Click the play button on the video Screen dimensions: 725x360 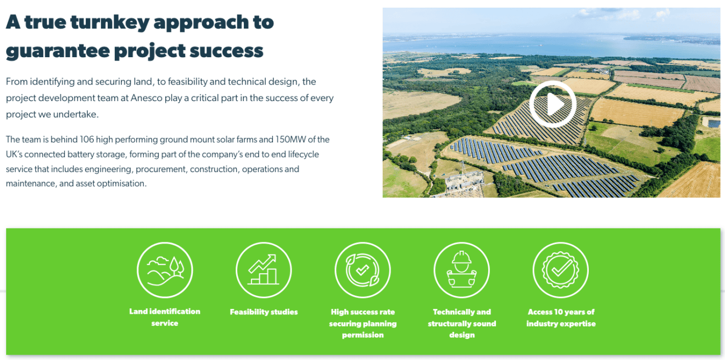tap(553, 104)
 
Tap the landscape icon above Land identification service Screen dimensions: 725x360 tap(165, 270)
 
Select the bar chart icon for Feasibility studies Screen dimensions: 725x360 tap(264, 270)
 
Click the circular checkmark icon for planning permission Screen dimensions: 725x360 tap(363, 270)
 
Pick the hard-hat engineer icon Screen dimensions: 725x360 tap(462, 270)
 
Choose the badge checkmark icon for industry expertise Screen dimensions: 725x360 tap(561, 270)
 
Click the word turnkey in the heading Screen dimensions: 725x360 tap(110, 23)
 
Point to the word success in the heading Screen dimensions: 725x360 tap(226, 51)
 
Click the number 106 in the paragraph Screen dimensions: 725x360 tap(87, 140)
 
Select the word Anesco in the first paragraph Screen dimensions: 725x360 tap(146, 98)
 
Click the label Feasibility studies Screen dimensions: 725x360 tap(264, 312)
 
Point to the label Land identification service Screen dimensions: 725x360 tap(165, 317)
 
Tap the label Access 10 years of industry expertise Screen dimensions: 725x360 tap(561, 318)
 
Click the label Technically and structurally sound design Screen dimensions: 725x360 tap(462, 323)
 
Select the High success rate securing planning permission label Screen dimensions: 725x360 tap(363, 323)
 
